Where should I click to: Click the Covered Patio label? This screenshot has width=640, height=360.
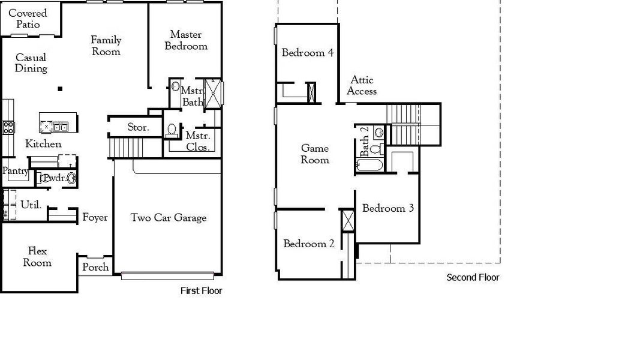[28, 19]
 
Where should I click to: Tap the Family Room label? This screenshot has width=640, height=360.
[106, 46]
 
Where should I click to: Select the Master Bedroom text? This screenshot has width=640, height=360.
[186, 40]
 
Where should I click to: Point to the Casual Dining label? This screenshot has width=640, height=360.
[31, 63]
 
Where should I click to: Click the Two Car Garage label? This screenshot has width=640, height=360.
[169, 218]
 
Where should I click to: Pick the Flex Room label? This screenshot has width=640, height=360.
[37, 257]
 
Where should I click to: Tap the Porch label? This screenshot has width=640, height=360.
[95, 267]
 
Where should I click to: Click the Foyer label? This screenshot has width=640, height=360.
[95, 218]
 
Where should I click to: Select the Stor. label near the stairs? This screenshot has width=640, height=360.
[138, 127]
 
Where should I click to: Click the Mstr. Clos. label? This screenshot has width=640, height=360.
[197, 141]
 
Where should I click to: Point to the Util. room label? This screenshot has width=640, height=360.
[31, 205]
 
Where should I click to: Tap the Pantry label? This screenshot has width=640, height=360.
[15, 171]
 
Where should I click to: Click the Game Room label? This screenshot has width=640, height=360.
[315, 154]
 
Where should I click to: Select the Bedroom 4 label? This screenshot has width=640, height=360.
[308, 53]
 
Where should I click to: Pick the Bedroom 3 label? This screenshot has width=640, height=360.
[388, 208]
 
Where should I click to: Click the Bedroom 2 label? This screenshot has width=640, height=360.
[309, 244]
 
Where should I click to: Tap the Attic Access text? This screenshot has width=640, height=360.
[362, 85]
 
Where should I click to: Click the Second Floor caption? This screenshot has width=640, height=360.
[473, 277]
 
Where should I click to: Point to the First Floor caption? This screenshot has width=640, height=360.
[201, 291]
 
